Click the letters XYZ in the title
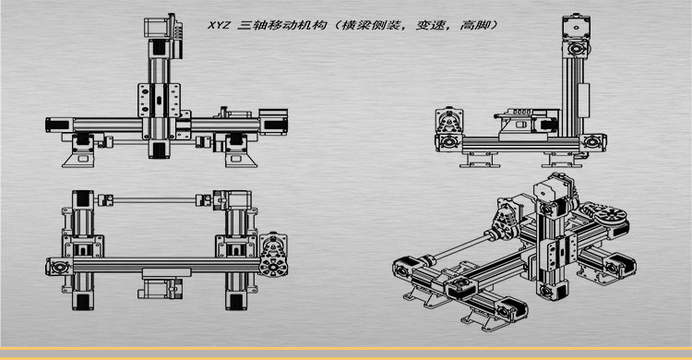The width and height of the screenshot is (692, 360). [x=221, y=26]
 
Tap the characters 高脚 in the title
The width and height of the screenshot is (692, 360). [x=480, y=26]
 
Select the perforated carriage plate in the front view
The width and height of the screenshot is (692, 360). [x=157, y=99]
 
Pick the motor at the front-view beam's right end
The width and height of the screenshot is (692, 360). [x=274, y=119]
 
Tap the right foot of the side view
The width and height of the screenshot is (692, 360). [x=564, y=162]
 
